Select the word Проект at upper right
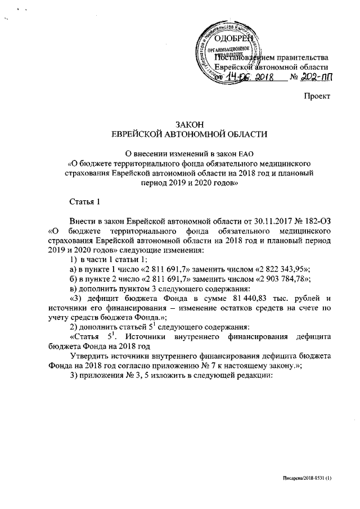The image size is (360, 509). [x=317, y=97]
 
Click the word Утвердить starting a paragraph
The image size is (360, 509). [x=89, y=357]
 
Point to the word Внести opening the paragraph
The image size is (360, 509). [x=82, y=220]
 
